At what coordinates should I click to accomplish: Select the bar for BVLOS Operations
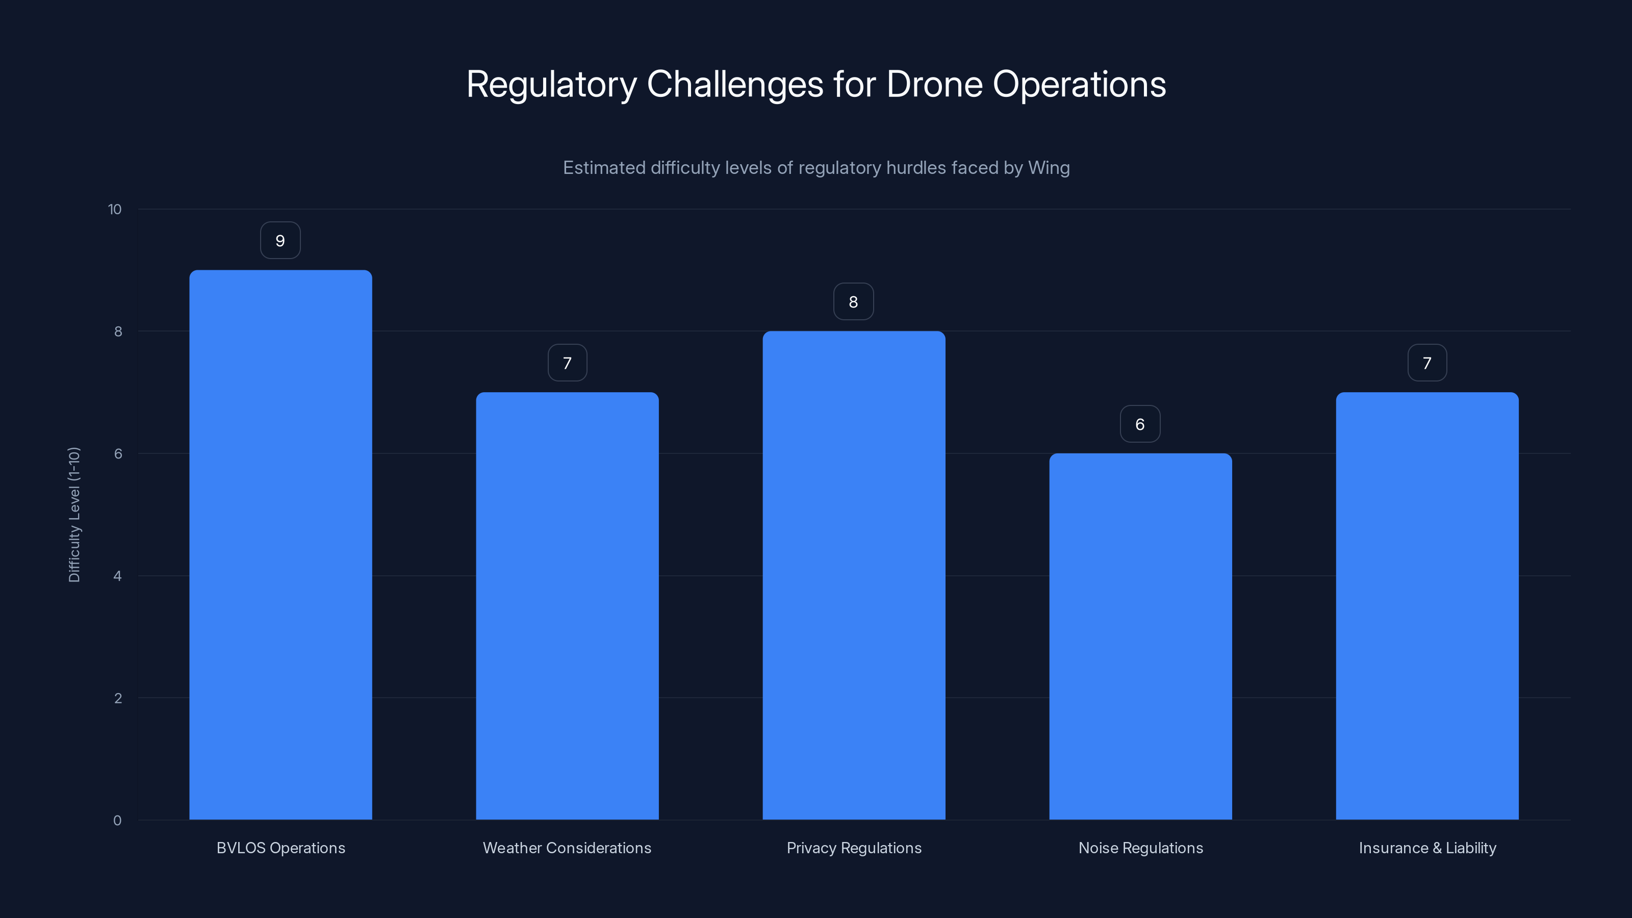coord(280,545)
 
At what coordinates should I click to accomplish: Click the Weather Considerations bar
coord(567,606)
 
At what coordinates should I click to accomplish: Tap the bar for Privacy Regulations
coord(853,575)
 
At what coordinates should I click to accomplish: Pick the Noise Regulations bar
coord(1140,636)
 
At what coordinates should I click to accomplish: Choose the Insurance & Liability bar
coord(1427,606)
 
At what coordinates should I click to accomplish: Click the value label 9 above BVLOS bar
coord(280,241)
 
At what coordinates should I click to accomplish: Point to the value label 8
coord(853,302)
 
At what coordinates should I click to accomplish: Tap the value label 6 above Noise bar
coord(1140,424)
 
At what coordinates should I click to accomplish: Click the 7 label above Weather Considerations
coord(567,363)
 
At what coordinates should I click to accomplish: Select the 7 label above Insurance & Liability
coord(1427,363)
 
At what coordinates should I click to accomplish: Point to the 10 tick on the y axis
coord(115,210)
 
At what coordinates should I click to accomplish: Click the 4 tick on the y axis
coord(117,576)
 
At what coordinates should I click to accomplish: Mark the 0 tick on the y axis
coord(117,821)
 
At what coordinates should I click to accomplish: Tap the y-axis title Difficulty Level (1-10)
coord(74,515)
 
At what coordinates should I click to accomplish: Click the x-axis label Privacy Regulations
coord(853,848)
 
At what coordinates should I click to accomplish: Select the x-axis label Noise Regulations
coord(1140,848)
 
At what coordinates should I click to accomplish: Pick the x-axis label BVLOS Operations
coord(280,848)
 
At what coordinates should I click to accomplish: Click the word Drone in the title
coord(934,84)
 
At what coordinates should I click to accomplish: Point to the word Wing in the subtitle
coord(1049,168)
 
